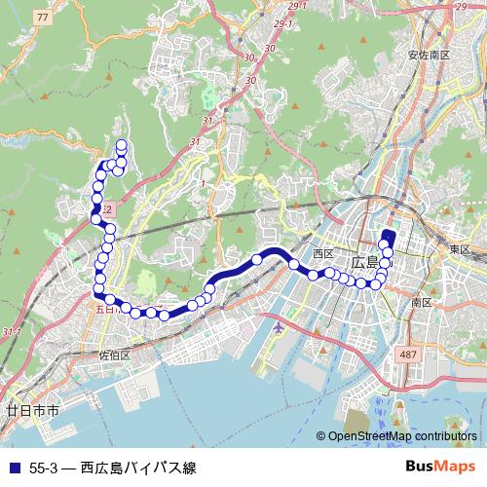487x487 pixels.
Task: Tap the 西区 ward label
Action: pos(323,253)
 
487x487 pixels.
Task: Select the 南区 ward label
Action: pos(422,303)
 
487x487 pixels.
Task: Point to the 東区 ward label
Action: pos(460,250)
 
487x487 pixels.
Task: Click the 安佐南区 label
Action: pos(429,55)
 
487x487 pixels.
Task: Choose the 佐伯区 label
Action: pos(115,356)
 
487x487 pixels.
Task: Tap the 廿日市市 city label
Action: pos(32,411)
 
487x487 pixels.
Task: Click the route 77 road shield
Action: pos(40,18)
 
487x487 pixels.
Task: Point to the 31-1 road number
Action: pos(12,332)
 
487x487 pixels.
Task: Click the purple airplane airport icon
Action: pos(280,326)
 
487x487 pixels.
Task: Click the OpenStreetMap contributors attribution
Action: pos(402,437)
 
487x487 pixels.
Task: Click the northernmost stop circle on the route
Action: pos(122,145)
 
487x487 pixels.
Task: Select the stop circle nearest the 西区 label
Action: pos(314,274)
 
